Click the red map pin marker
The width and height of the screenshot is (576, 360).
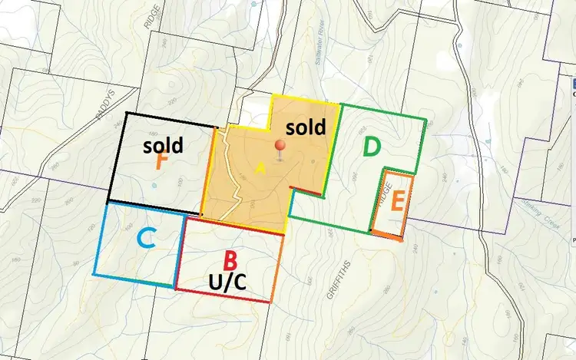click(282, 147)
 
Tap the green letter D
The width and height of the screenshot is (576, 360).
click(372, 147)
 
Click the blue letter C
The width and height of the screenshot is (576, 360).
click(147, 239)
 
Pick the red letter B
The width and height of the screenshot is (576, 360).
click(229, 261)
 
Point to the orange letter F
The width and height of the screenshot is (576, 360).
click(161, 162)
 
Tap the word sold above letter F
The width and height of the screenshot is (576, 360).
click(163, 144)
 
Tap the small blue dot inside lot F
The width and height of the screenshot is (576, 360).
click(154, 186)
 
